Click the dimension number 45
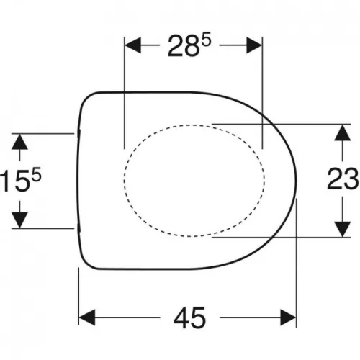pyautogui.click(x=189, y=318)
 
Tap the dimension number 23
pyautogui.click(x=343, y=179)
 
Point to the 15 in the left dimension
pyautogui.click(x=15, y=181)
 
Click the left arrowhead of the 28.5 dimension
pyautogui.click(x=132, y=45)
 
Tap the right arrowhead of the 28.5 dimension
pyautogui.click(x=254, y=45)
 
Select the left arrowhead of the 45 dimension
pyautogui.click(x=87, y=318)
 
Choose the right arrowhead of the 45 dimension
pyautogui.click(x=288, y=318)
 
